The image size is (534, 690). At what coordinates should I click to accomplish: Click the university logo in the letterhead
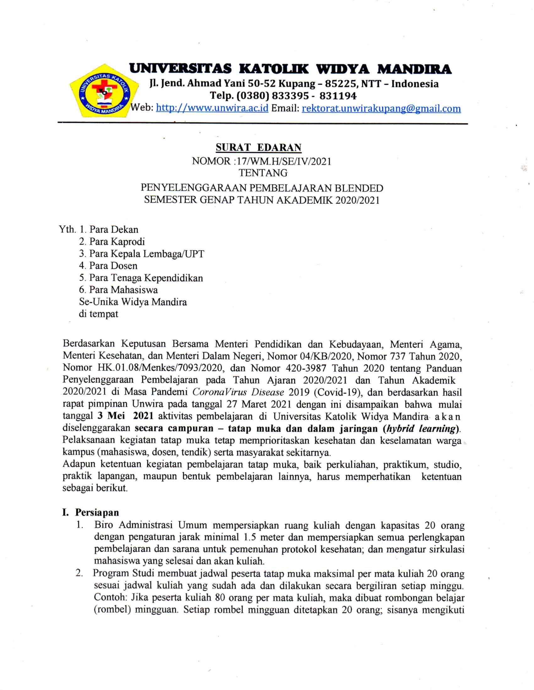[104, 91]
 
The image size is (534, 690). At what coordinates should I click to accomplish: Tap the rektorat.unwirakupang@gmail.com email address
[381, 109]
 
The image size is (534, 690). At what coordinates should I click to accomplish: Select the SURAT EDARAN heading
[259, 147]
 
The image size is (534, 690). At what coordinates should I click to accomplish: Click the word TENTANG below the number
[263, 173]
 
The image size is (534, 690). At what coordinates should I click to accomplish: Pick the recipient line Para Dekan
[114, 229]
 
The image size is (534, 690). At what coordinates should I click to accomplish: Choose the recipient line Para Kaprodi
[117, 242]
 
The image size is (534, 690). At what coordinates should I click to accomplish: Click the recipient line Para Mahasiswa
[123, 290]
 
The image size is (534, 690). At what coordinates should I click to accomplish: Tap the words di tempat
[98, 314]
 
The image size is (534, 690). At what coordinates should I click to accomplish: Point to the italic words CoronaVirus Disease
[238, 392]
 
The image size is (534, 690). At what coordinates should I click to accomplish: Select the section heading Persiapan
[97, 512]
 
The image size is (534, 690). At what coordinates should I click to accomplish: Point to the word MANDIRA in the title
[414, 69]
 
